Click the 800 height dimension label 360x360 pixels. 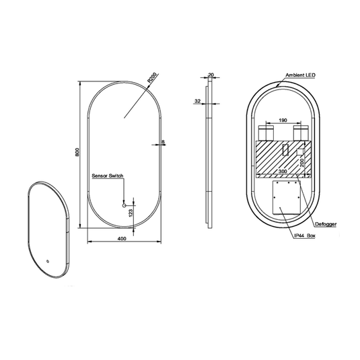(77, 152)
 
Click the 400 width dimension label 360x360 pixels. (122, 239)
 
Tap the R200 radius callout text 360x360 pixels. (152, 77)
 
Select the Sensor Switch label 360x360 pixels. (108, 176)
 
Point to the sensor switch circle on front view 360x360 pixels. (124, 205)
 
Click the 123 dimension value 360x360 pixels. (131, 213)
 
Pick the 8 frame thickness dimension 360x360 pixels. (164, 142)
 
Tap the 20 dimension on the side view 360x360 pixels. (211, 75)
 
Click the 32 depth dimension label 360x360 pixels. (197, 101)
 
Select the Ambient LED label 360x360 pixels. (300, 75)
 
